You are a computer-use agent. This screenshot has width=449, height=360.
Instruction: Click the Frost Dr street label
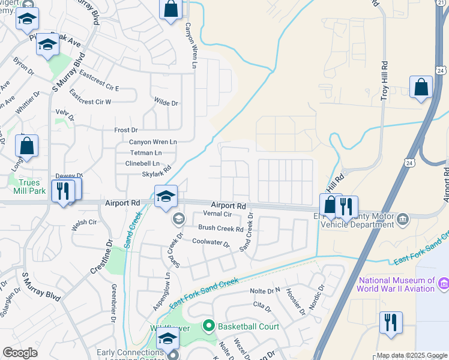[126, 130]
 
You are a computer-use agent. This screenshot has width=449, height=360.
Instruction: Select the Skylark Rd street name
[157, 173]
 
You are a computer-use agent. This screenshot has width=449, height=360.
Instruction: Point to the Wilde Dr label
[166, 103]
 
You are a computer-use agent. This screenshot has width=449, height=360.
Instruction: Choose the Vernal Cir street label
[217, 214]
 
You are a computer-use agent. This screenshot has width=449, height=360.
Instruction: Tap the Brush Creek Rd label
[221, 229]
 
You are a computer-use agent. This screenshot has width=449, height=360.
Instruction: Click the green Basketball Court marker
[209, 326]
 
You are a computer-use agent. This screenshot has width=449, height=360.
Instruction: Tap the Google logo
[20, 352]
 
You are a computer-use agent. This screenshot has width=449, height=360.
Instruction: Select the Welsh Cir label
[84, 222]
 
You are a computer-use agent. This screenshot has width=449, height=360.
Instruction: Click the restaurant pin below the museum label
[391, 322]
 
